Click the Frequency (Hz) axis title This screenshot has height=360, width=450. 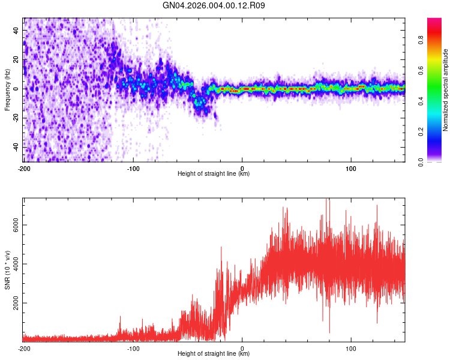[7, 89]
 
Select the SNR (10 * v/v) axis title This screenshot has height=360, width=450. [7, 269]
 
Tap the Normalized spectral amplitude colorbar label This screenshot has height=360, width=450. [446, 90]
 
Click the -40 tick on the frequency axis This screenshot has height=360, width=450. [16, 147]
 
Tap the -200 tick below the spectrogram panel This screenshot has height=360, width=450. [24, 168]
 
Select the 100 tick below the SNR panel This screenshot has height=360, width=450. [351, 348]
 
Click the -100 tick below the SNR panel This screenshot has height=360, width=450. [133, 348]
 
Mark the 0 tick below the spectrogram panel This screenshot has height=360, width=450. [242, 168]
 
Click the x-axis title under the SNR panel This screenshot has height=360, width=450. [214, 354]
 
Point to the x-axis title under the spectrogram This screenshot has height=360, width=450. [214, 174]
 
